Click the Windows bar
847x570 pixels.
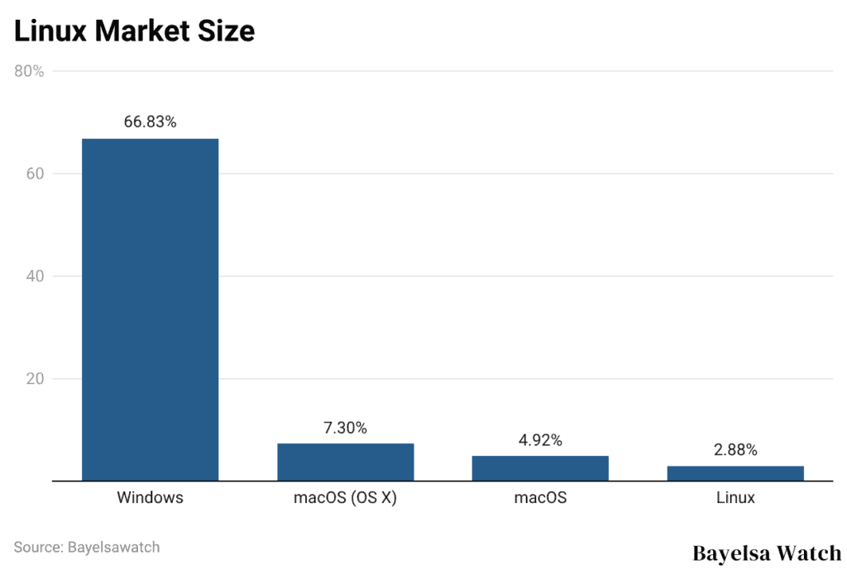click(x=150, y=309)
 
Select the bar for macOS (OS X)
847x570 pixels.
click(x=345, y=462)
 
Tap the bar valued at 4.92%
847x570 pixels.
click(x=540, y=468)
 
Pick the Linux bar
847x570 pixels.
click(x=735, y=473)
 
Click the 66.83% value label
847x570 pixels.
click(x=150, y=122)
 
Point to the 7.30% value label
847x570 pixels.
click(x=345, y=428)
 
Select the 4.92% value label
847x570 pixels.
click(x=540, y=440)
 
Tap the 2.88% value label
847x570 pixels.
click(x=735, y=450)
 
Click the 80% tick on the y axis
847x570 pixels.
click(x=29, y=71)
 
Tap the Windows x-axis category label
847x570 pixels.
click(x=150, y=498)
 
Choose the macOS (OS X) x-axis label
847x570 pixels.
click(x=345, y=498)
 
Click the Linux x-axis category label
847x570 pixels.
click(x=735, y=498)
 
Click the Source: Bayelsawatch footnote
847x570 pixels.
click(x=87, y=547)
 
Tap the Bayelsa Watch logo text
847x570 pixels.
click(x=766, y=552)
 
